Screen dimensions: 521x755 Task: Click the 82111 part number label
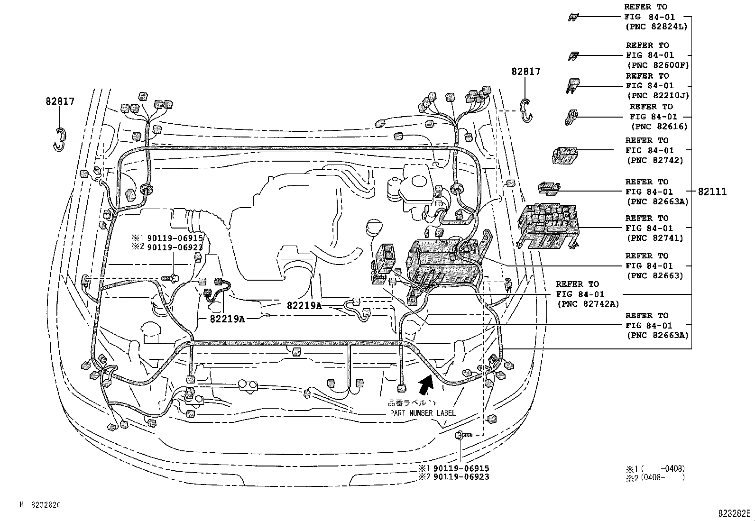[x=712, y=192]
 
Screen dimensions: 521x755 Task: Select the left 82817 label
[x=60, y=101]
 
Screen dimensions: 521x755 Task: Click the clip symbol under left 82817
[x=58, y=140]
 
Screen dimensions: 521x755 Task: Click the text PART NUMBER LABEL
[x=423, y=413]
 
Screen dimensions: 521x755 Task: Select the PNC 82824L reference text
[x=655, y=27]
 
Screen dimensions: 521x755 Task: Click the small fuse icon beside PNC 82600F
[x=573, y=56]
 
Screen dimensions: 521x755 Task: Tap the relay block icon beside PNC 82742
[x=565, y=155]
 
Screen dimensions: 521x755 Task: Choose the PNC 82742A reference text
[x=588, y=304]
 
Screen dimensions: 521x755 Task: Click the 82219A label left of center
[x=227, y=319]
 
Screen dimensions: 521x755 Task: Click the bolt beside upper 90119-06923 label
[x=171, y=278]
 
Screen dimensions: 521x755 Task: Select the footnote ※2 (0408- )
[x=655, y=477]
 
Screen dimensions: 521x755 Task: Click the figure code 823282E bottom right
[x=734, y=513]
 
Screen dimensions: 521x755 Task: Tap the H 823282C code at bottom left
[x=40, y=505]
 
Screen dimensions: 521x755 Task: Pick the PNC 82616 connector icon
[x=571, y=117]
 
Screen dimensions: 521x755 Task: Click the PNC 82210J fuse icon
[x=572, y=86]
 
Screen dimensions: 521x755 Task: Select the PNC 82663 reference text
[x=654, y=275]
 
